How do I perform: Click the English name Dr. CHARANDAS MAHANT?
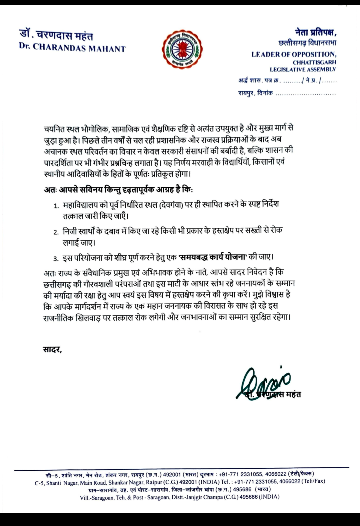(72, 48)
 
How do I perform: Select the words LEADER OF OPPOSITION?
(294, 54)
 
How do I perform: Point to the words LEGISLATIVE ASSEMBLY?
(303, 69)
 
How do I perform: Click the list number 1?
(56, 205)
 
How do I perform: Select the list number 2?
(56, 232)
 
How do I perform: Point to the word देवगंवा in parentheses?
(170, 204)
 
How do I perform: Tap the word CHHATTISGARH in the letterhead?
(314, 62)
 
